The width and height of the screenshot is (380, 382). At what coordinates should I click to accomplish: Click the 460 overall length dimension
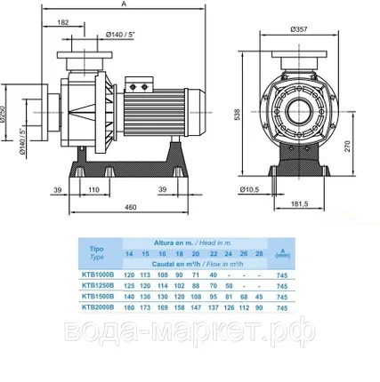130,207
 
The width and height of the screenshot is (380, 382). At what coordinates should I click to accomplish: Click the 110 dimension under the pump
93,189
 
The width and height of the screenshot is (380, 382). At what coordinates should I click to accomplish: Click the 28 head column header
259,253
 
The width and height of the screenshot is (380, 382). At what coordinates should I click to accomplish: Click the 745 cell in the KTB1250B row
283,287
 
